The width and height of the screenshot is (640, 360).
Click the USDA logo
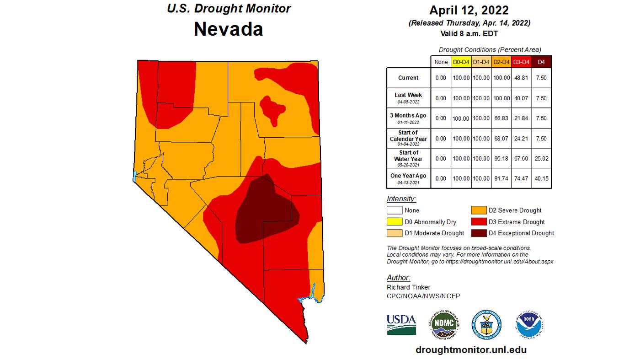(401, 324)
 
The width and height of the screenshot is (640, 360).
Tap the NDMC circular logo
(444, 324)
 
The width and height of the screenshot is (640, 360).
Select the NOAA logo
(529, 324)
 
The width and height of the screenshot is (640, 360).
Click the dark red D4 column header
(541, 62)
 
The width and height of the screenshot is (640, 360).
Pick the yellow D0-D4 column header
(461, 62)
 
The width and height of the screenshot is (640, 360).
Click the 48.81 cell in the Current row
(521, 78)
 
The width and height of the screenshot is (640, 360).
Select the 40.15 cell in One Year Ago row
(541, 178)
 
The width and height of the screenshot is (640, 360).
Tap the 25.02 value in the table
(541, 158)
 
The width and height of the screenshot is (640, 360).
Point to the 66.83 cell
(501, 118)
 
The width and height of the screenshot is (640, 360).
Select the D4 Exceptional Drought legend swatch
(479, 233)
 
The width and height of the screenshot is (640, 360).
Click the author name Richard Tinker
(408, 287)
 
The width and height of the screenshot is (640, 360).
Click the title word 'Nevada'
(228, 29)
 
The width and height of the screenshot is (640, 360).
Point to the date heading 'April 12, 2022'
(469, 11)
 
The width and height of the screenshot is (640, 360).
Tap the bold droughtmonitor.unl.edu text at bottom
(471, 350)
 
